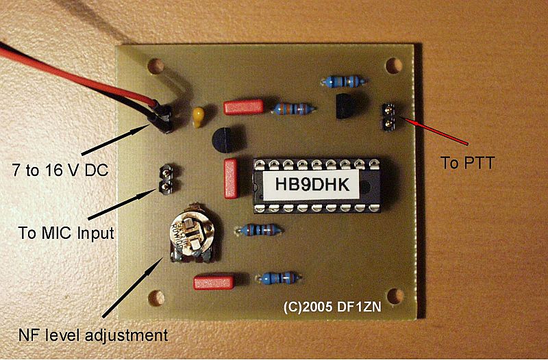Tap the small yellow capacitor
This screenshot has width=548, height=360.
pyautogui.click(x=199, y=117)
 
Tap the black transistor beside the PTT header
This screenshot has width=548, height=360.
pyautogui.click(x=348, y=105)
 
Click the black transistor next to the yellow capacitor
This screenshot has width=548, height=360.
pyautogui.click(x=225, y=140)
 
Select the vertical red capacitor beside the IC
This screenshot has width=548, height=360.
pyautogui.click(x=231, y=177)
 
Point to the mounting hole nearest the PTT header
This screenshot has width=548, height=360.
pyautogui.click(x=393, y=66)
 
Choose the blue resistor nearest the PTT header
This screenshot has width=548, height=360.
pyautogui.click(x=346, y=82)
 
